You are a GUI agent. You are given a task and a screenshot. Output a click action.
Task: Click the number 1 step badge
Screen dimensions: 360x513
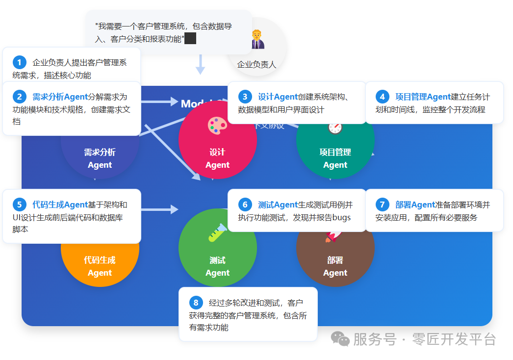[20, 62]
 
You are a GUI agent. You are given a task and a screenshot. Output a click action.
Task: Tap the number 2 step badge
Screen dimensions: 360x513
[20, 97]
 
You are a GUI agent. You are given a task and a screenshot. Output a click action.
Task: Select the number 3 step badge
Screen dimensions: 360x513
[245, 97]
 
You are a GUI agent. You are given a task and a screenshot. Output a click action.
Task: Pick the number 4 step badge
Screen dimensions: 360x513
[382, 97]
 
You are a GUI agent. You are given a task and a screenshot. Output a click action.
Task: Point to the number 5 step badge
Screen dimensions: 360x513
[20, 205]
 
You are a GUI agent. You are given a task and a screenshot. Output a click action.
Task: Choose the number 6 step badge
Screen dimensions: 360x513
[245, 205]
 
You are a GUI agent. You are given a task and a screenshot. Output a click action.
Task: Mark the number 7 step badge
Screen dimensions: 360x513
[382, 205]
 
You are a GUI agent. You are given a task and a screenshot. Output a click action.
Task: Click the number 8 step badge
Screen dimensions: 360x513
[196, 303]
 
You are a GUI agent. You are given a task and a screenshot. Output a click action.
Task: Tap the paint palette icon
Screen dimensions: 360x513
[217, 125]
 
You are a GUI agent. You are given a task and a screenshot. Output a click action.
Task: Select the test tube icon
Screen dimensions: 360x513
[217, 233]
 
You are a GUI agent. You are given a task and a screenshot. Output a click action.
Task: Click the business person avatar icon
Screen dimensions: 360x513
[257, 40]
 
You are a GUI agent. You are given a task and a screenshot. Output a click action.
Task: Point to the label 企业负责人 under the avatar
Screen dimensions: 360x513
[256, 64]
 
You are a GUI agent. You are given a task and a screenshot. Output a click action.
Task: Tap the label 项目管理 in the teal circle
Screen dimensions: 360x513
[335, 152]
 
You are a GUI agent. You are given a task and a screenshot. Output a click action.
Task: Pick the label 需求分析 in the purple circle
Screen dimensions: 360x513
[100, 152]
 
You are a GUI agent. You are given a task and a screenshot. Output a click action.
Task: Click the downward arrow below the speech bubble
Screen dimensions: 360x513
[200, 65]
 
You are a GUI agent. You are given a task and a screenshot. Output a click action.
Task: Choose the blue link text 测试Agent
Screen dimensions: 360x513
[278, 205]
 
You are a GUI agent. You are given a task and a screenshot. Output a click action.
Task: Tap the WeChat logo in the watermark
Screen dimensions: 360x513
[340, 338]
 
